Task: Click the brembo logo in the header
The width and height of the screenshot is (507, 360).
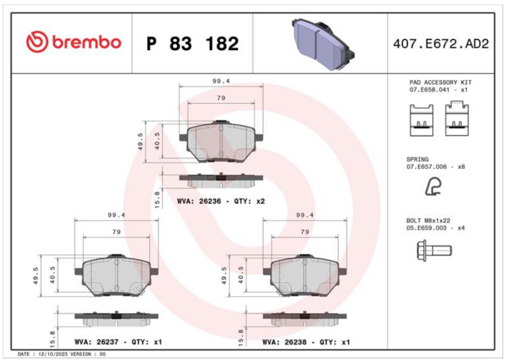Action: click(74, 42)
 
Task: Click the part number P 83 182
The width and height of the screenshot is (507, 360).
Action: click(193, 44)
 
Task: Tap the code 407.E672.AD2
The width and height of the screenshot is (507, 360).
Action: click(440, 44)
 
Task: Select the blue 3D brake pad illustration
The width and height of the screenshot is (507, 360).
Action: click(323, 44)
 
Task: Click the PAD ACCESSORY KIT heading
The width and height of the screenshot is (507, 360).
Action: click(440, 82)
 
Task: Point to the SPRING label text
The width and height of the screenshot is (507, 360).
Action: click(417, 160)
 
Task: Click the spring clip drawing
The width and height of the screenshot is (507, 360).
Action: click(433, 187)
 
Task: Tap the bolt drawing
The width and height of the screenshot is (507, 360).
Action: click(434, 251)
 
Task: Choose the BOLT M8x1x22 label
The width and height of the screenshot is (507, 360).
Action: click(428, 221)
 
